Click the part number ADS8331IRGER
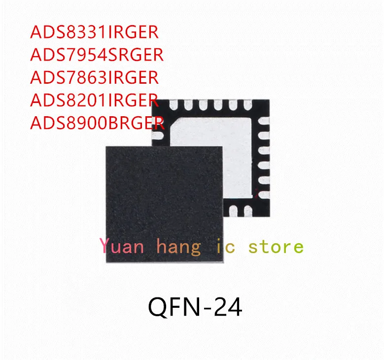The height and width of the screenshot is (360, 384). tap(95, 32)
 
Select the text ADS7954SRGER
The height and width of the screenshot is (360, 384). tap(97, 55)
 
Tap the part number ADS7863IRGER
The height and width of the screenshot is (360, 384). tap(95, 77)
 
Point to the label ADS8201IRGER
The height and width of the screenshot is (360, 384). tap(95, 100)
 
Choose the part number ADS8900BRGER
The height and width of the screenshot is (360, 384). tap(97, 122)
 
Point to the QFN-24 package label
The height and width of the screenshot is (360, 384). tap(195, 308)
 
